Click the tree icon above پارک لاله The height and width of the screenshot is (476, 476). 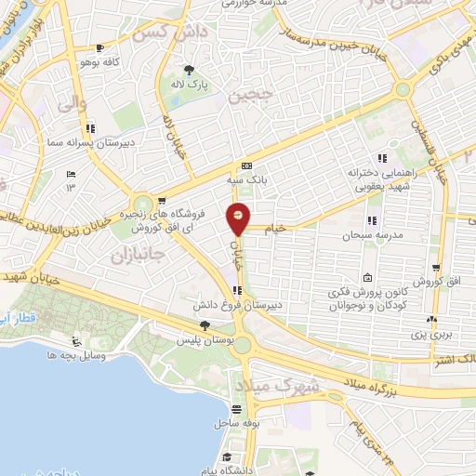point(191,69)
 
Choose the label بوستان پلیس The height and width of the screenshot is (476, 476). point(205,340)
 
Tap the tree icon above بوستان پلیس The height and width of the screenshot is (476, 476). point(205,325)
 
